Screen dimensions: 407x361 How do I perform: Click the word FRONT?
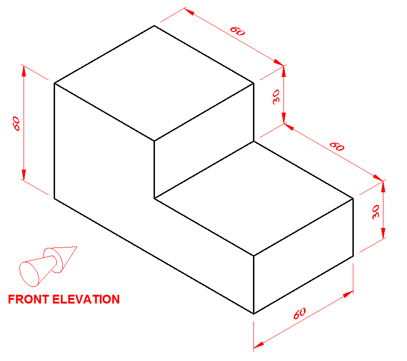point(29,299)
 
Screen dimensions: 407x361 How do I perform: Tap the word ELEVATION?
point(86,299)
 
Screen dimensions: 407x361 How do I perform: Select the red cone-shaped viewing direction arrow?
point(48,266)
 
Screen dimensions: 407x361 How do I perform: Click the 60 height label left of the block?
point(16,124)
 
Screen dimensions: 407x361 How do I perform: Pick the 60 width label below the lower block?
point(300,313)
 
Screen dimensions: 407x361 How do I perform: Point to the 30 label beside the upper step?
point(277,97)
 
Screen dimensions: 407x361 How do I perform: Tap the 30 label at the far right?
point(376,212)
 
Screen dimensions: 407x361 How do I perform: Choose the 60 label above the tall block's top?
point(238,31)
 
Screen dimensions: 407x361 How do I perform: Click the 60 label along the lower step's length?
point(337,146)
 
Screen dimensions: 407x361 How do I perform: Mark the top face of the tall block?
point(154,83)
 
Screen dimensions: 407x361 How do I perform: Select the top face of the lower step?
point(253,198)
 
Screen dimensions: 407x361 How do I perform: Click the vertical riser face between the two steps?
point(204,141)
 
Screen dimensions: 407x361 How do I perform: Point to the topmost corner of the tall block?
point(154,25)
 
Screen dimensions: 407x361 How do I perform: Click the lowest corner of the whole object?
point(253,314)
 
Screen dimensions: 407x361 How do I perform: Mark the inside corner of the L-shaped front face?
point(154,198)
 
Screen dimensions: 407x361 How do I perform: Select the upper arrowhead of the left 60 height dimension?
point(24,71)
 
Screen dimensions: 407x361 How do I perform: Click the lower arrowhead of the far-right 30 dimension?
point(383,233)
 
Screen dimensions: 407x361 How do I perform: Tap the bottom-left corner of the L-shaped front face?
point(54,198)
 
